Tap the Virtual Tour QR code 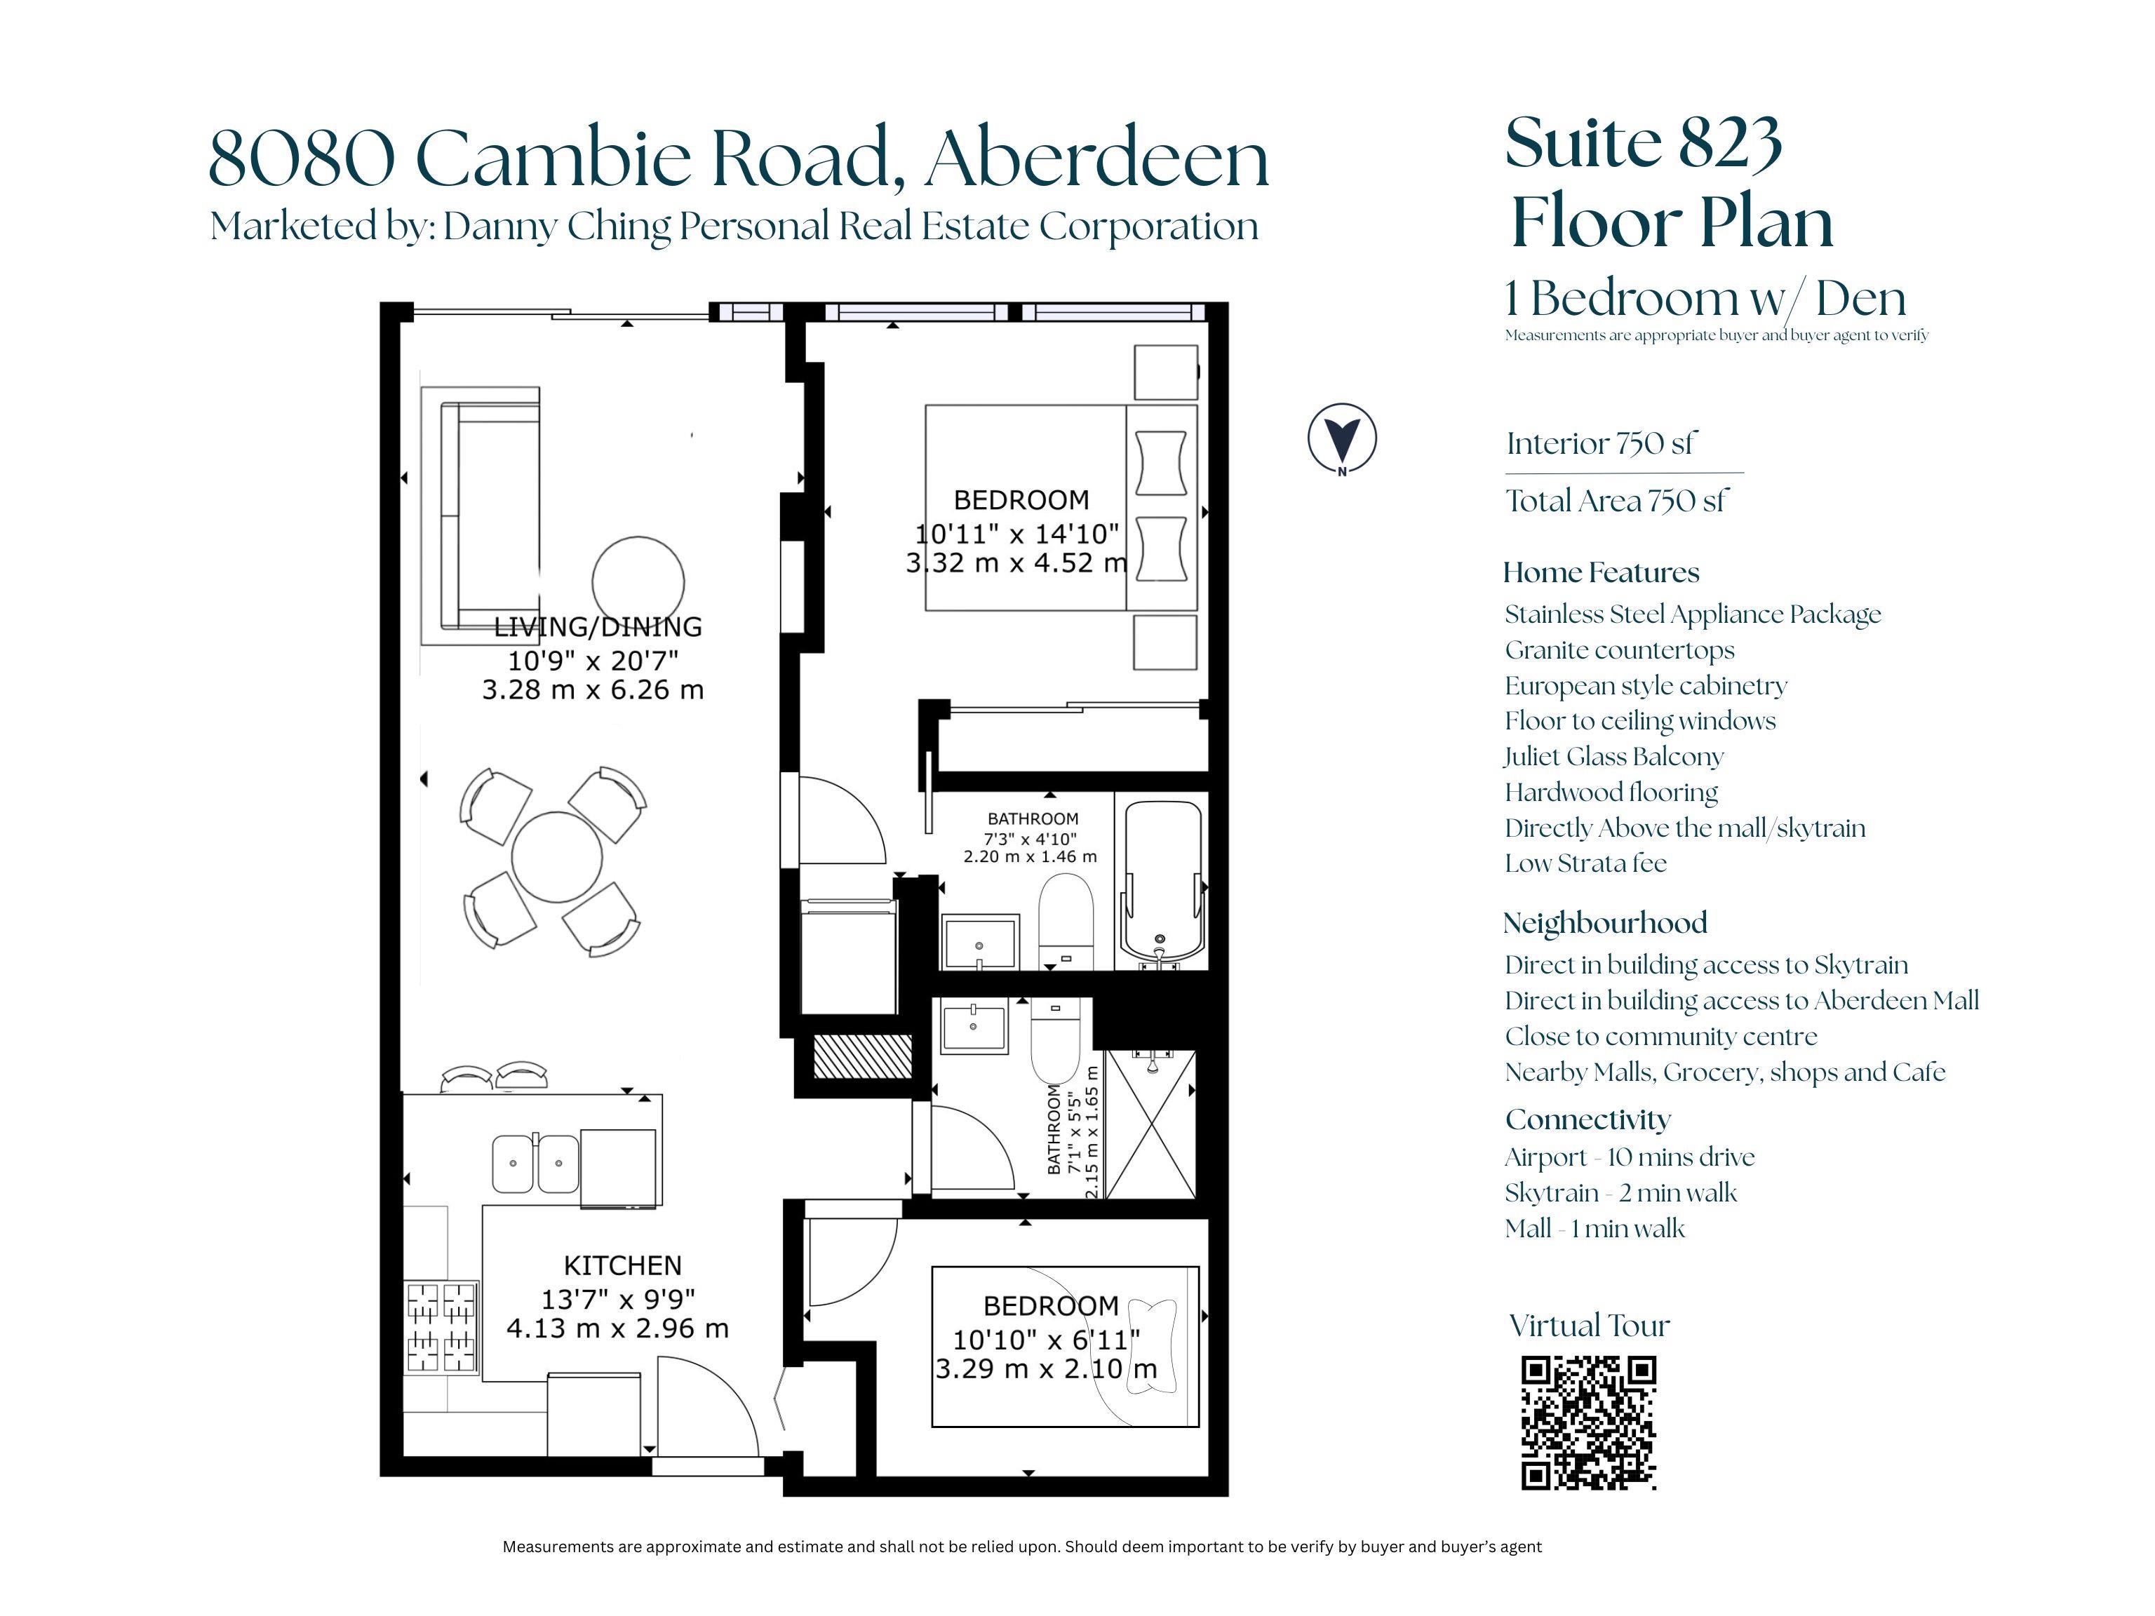coord(1588,1423)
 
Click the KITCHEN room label coord(622,1265)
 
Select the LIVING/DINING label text coord(597,626)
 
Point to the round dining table coord(556,857)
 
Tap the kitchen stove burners coord(441,1327)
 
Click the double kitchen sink coord(534,1163)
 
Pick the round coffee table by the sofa coord(638,581)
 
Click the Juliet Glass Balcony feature coord(1613,757)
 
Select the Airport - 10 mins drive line coord(1629,1157)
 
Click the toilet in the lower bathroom coord(1056,1038)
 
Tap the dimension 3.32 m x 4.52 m coord(1016,563)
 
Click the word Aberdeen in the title coord(1097,158)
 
